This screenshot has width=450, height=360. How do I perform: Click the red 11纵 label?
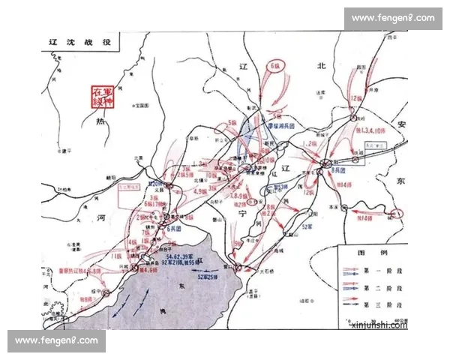[116, 256]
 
